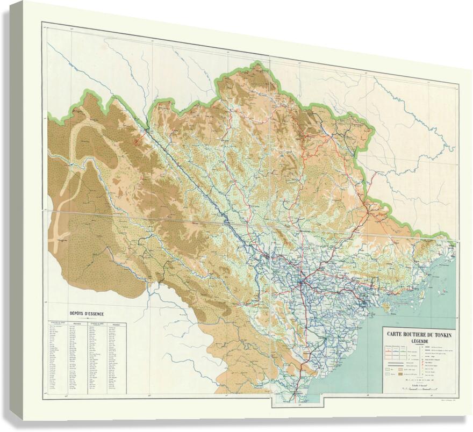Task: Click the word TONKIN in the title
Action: (443, 335)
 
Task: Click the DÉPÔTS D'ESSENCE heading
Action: (87, 314)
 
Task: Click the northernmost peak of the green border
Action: (258, 64)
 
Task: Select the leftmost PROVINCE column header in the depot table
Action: (77, 324)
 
